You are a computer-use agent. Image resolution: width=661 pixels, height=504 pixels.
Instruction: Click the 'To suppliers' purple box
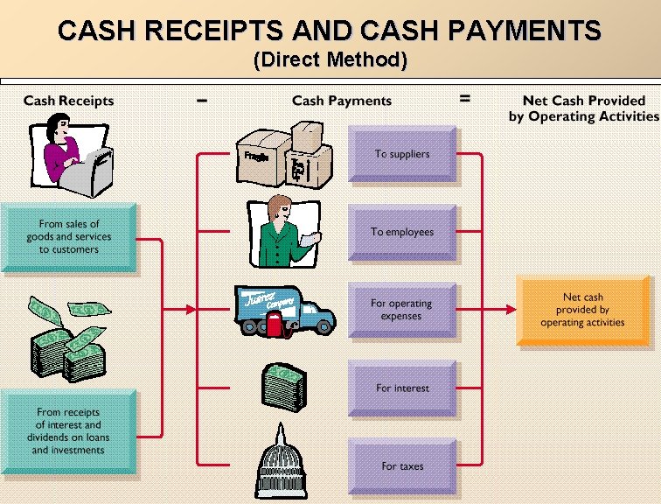tap(402, 154)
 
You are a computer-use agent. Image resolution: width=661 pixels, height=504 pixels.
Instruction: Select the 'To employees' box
tap(402, 232)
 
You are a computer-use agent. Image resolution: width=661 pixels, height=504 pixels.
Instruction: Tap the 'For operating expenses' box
tap(402, 310)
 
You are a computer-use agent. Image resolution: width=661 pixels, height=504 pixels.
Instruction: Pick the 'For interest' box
tap(402, 388)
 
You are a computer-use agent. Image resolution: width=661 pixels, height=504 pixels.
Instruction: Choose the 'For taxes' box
tap(402, 466)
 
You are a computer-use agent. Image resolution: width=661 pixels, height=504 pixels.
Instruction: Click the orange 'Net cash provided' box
tap(582, 311)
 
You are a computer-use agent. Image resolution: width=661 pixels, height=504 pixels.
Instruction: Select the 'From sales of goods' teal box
tap(68, 237)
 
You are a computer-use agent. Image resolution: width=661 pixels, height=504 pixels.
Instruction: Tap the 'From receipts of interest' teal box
tap(68, 430)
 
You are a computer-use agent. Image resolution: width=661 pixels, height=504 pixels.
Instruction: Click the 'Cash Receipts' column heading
tap(68, 101)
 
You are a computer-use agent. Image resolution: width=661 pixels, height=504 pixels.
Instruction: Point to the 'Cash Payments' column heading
tap(342, 101)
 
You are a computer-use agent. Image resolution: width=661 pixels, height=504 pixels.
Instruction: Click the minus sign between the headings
tap(202, 100)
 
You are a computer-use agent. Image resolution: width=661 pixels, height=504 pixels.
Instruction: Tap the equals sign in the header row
tap(465, 99)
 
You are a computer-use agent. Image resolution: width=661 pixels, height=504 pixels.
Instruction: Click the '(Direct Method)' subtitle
tap(330, 60)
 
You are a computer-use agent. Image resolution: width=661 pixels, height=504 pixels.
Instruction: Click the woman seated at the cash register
tap(72, 153)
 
